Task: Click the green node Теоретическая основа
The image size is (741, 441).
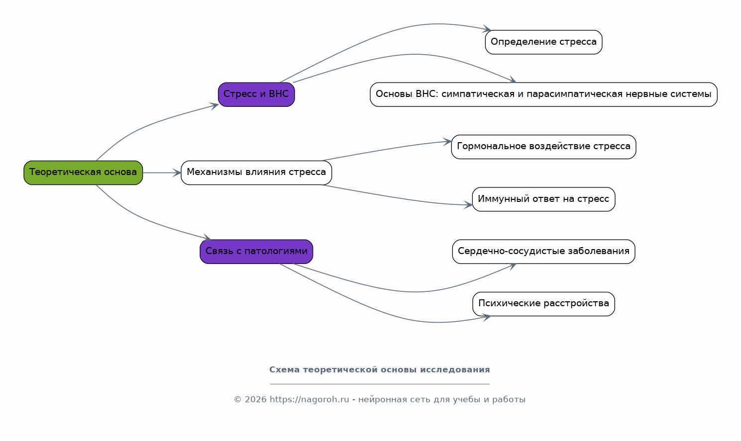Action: click(x=83, y=173)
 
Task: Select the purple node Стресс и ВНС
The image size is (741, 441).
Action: click(x=256, y=94)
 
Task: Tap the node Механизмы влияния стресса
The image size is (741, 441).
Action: click(x=256, y=173)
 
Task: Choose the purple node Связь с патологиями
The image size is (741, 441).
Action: click(x=256, y=252)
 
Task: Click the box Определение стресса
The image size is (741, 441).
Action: click(x=543, y=42)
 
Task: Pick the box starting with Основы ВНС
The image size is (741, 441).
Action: click(x=543, y=94)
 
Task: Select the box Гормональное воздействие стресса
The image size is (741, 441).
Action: click(x=543, y=147)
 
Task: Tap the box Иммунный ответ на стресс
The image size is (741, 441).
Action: click(x=543, y=199)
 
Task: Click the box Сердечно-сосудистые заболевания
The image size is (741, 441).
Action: click(x=543, y=252)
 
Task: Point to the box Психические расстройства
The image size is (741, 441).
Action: click(x=543, y=304)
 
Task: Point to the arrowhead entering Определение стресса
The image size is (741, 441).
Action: click(x=487, y=29)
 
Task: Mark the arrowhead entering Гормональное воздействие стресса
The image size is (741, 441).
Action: click(x=447, y=142)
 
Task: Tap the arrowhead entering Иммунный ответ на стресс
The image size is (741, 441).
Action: click(x=468, y=205)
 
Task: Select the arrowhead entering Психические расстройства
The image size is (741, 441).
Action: click(x=487, y=317)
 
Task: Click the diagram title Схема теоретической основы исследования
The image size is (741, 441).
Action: click(x=379, y=369)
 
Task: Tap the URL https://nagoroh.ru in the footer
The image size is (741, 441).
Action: click(x=310, y=399)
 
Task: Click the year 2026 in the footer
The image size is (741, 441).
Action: click(x=255, y=399)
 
